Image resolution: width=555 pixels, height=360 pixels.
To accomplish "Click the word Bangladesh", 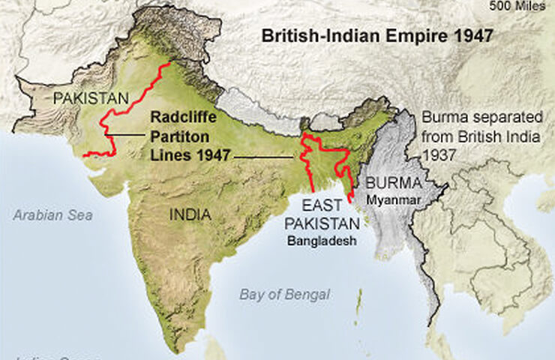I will pyautogui.click(x=321, y=241).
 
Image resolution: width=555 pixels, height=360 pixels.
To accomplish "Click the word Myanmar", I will pyautogui.click(x=394, y=199).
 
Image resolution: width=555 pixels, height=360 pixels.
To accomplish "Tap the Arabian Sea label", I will pyautogui.click(x=52, y=215).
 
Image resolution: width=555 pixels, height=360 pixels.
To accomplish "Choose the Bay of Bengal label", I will pyautogui.click(x=284, y=295).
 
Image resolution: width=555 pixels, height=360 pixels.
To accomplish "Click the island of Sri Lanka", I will pyautogui.click(x=217, y=349).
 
